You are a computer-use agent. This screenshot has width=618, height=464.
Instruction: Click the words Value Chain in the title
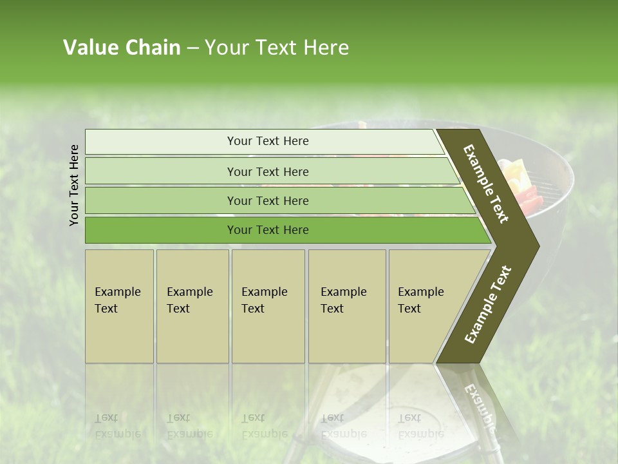tap(122, 48)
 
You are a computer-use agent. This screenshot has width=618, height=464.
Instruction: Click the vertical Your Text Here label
tap(75, 185)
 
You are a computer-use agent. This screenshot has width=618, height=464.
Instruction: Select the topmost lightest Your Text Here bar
tap(267, 141)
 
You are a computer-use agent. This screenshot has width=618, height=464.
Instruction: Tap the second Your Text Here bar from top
tap(267, 171)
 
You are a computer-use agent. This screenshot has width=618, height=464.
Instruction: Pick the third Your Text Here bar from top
tap(267, 200)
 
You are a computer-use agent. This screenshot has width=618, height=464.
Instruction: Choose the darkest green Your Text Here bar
tap(267, 230)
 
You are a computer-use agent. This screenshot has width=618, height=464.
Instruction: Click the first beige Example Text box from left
tap(119, 306)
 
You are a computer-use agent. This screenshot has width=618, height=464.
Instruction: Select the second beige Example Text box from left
tap(192, 306)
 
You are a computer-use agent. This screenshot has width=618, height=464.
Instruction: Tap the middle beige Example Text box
tap(268, 306)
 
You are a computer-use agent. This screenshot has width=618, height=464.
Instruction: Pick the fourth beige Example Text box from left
tap(347, 306)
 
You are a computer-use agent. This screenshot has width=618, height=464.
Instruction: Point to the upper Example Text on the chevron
tap(487, 184)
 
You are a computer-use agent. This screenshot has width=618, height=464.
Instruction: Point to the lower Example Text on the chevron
tap(488, 305)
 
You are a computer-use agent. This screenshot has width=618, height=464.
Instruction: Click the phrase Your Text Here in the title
tap(276, 48)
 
